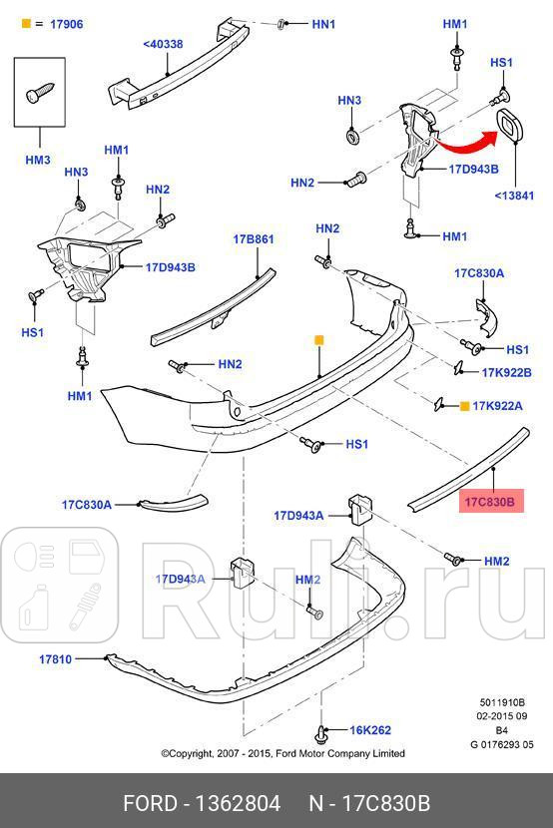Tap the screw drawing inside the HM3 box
(37, 93)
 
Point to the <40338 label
(162, 44)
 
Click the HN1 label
(324, 23)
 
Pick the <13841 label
(514, 196)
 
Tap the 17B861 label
(254, 239)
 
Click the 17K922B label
(507, 372)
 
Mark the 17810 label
(57, 659)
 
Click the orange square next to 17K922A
(464, 406)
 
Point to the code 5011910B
(502, 701)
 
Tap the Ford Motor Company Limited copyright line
(282, 753)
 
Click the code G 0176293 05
(502, 743)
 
